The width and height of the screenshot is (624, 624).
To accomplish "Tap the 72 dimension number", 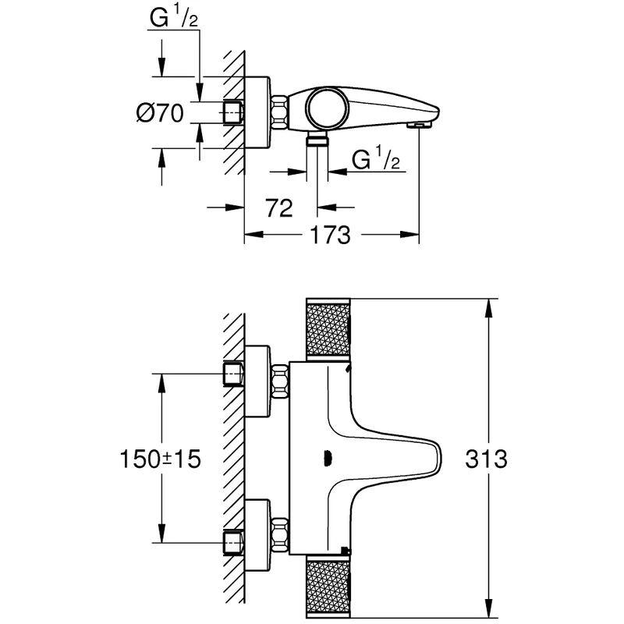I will tap(278, 207).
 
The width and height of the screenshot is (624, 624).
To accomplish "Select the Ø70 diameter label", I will tap(159, 114).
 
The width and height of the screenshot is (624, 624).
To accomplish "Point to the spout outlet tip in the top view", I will tap(420, 124).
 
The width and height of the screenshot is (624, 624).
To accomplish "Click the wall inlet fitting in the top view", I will tap(232, 112).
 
